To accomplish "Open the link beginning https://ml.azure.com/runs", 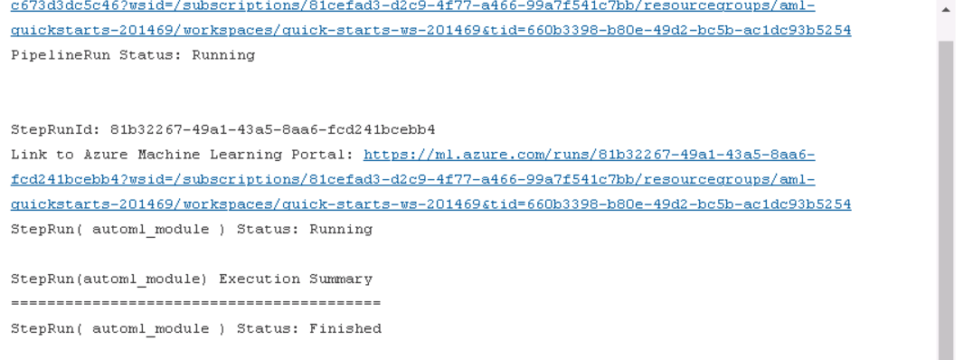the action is (589, 155).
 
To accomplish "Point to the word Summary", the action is (341, 279).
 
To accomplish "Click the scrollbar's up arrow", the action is (946, 9).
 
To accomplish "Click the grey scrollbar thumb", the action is (946, 199).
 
